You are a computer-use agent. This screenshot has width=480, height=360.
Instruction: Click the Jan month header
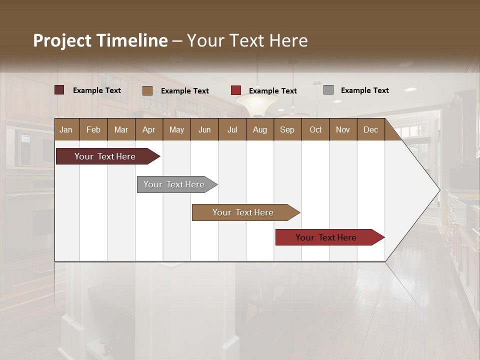[66, 129]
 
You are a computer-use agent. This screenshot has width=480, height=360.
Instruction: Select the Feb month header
[93, 129]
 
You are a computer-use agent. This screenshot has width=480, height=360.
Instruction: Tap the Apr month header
[148, 129]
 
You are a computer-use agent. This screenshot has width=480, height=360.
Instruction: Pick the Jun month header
[204, 129]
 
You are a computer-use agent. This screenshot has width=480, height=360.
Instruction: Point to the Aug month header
[259, 129]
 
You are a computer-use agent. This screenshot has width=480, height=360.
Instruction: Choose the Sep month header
[287, 129]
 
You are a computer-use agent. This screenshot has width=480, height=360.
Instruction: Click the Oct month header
[315, 129]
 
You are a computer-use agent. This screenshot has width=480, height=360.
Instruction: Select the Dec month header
[370, 129]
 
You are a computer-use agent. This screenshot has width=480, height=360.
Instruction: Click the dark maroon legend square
[59, 90]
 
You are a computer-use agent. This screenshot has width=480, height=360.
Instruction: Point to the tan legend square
[147, 90]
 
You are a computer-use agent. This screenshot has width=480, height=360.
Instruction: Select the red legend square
[236, 90]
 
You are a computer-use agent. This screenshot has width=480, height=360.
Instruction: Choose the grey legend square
[328, 90]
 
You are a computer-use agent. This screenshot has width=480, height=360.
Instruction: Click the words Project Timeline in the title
[100, 40]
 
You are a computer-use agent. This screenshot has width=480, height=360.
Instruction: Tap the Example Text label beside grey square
[364, 90]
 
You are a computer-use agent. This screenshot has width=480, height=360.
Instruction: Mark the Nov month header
[342, 129]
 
